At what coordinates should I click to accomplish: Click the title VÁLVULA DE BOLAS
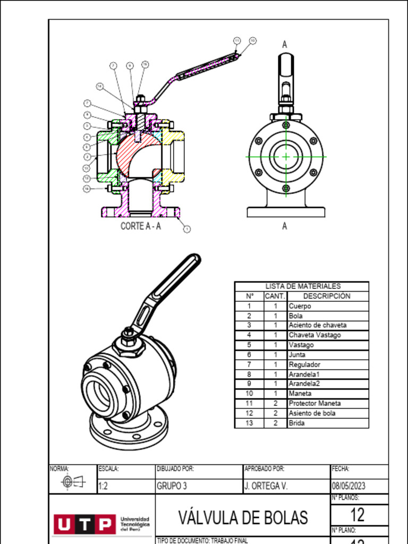pos(243,517)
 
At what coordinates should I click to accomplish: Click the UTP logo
pos(84,524)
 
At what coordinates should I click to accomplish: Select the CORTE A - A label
pos(140,226)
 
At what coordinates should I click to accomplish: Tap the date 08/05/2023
pos(348,486)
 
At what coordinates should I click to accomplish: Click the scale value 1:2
pos(104,486)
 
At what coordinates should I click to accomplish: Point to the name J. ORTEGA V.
pos(266,486)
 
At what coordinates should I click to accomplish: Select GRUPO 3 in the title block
pos(172,486)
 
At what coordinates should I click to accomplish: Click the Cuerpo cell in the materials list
pos(300,306)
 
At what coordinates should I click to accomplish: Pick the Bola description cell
pos(296,316)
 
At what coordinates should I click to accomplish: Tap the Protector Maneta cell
pos(314,403)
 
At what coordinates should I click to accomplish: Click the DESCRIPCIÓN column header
pos(327,296)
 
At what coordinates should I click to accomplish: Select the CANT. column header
pos(275,296)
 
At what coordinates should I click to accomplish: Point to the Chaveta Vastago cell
pos(314,335)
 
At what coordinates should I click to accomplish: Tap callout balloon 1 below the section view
pos(187,229)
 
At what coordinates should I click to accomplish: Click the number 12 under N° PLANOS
pos(358,514)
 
